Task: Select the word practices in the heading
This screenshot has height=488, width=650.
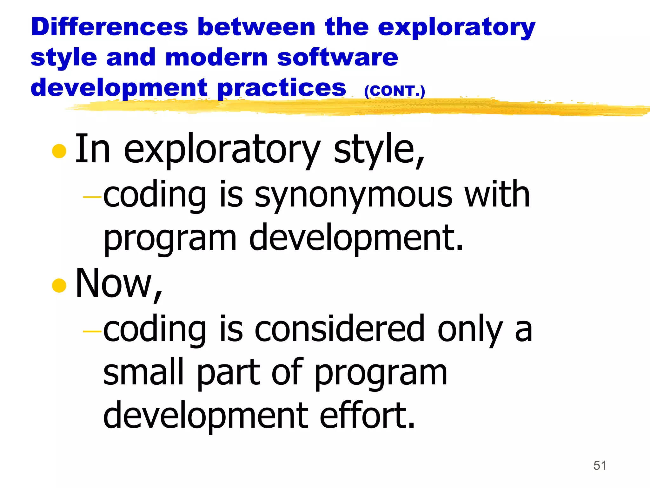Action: (282, 88)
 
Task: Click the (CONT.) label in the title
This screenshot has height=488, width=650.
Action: (394, 91)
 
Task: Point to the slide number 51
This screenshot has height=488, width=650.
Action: (600, 465)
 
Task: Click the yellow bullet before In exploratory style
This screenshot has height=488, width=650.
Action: (59, 151)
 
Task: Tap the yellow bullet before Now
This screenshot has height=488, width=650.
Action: (59, 285)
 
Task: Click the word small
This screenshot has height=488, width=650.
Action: (143, 372)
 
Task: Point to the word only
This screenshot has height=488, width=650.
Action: (470, 330)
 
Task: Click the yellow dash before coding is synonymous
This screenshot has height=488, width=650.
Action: (92, 197)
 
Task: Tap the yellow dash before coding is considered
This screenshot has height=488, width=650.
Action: (92, 331)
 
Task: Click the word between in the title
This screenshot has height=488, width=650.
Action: (256, 27)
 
